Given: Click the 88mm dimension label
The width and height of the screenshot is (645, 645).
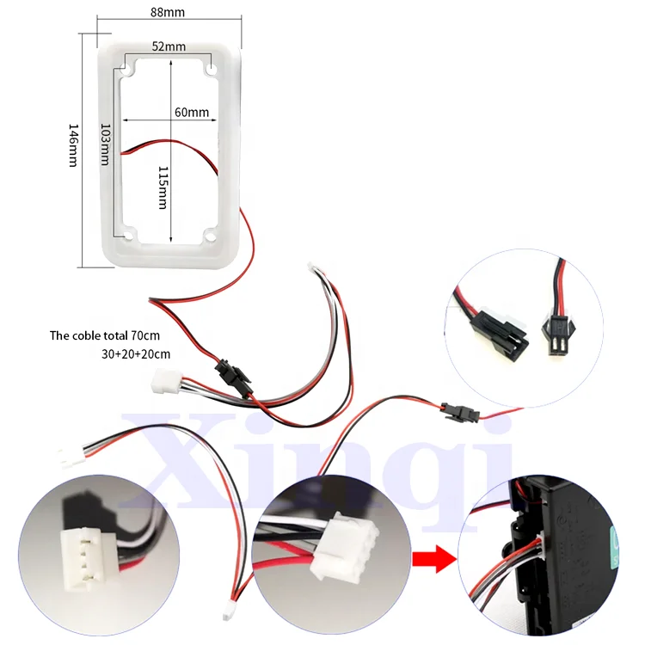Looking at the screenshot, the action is pos(168,12).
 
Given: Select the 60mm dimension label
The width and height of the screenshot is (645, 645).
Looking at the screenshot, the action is pos(191,112).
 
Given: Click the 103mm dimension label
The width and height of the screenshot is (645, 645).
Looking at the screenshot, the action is pos(105,144).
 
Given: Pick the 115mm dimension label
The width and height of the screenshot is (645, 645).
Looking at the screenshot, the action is pos(163,187).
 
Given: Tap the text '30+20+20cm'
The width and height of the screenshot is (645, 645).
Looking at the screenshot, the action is pos(136,353).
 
